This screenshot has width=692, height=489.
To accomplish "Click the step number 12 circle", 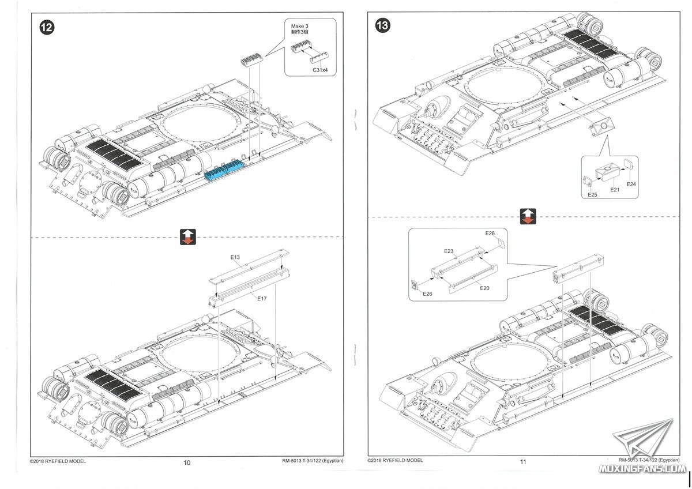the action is (47, 28).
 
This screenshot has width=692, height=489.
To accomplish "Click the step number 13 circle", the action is (383, 25).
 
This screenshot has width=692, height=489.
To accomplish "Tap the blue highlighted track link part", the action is (223, 170).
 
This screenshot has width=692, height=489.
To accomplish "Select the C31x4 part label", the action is (320, 70).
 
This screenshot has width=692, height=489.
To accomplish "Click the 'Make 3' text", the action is (299, 27).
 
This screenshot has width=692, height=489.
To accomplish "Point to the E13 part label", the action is (235, 257).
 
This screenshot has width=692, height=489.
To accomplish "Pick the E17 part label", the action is (262, 298).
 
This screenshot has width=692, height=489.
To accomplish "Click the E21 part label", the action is (615, 190).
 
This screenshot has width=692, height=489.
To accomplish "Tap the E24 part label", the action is (631, 184).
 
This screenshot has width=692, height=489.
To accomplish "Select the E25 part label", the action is (592, 194).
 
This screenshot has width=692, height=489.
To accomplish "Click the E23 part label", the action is (449, 251).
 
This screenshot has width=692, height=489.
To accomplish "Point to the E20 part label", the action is (484, 288).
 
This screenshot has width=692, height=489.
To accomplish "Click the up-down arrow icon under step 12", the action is (188, 237).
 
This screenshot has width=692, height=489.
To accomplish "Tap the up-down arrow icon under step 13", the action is (528, 216).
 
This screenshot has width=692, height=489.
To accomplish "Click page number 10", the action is (187, 462).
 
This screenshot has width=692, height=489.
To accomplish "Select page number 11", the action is (522, 461).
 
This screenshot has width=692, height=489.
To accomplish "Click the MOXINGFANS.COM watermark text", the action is (642, 469).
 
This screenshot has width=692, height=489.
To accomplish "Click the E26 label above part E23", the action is (490, 233).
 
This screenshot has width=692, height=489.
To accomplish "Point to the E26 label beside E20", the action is (427, 294).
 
